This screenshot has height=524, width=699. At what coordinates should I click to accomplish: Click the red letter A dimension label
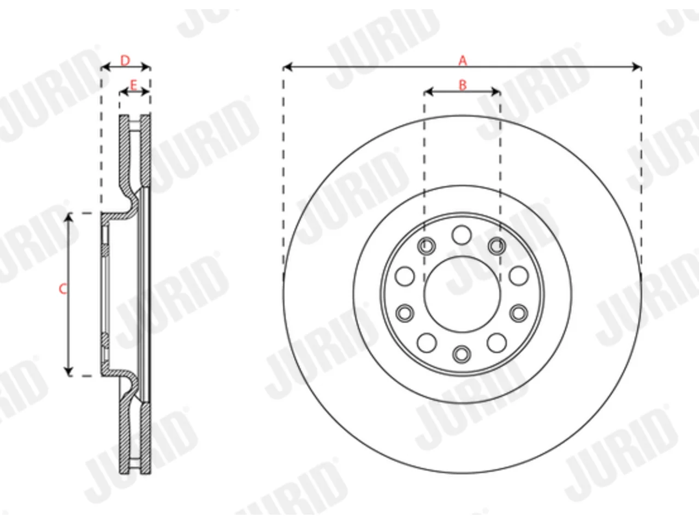pos(463,60)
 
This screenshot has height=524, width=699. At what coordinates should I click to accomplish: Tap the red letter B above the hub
pos(463,85)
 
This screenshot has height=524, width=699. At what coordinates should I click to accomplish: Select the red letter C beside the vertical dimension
pos(63,289)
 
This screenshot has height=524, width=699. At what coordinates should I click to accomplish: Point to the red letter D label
pos(125,60)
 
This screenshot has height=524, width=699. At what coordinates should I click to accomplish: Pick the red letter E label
pos(133,85)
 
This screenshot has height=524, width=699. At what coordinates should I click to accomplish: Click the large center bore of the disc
pos(462,294)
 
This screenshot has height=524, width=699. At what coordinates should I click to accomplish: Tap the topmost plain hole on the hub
pos(461,235)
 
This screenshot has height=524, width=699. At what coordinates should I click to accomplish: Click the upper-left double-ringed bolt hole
pos(426,246)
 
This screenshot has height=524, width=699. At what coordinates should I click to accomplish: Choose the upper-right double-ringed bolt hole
pos(497,246)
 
